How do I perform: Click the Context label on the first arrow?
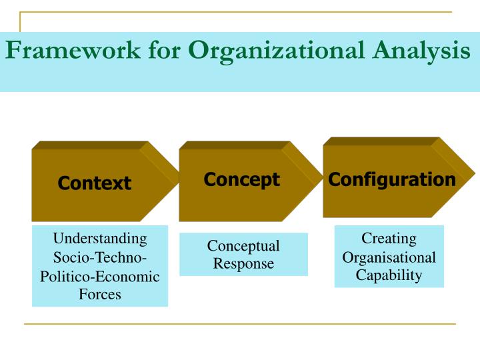point(94,183)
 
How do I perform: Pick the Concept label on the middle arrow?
point(241,179)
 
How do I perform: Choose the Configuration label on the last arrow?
point(392,179)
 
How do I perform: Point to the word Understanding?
point(100,239)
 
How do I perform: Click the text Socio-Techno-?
point(100,257)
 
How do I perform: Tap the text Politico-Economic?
point(100,276)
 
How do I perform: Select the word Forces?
point(100,294)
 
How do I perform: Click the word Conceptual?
point(243,246)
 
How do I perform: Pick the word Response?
point(243,263)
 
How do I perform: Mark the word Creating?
point(389,239)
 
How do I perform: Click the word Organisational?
point(389,257)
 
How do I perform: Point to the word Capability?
point(389,275)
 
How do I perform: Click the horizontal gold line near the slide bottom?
point(240,324)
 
